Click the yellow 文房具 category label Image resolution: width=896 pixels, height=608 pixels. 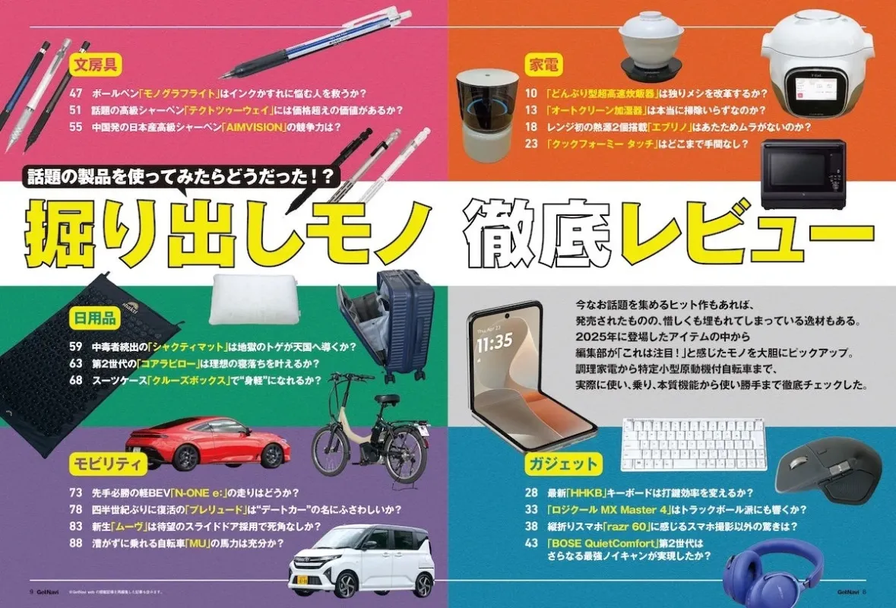click(94, 65)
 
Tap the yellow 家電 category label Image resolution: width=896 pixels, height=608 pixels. click(545, 65)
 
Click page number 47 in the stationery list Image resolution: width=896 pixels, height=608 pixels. click(75, 93)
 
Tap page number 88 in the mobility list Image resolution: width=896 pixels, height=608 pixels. click(75, 543)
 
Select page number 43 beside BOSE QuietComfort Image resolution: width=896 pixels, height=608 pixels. click(531, 543)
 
